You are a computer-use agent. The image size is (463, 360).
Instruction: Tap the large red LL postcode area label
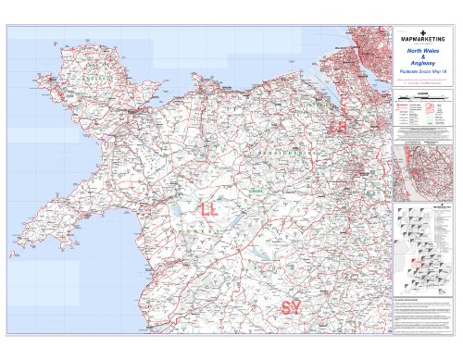coord(210,210)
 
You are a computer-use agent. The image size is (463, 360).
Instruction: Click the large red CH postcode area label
coord(338,125)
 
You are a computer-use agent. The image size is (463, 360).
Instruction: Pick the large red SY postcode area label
coord(290,306)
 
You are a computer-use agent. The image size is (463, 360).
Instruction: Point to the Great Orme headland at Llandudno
coord(216,86)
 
